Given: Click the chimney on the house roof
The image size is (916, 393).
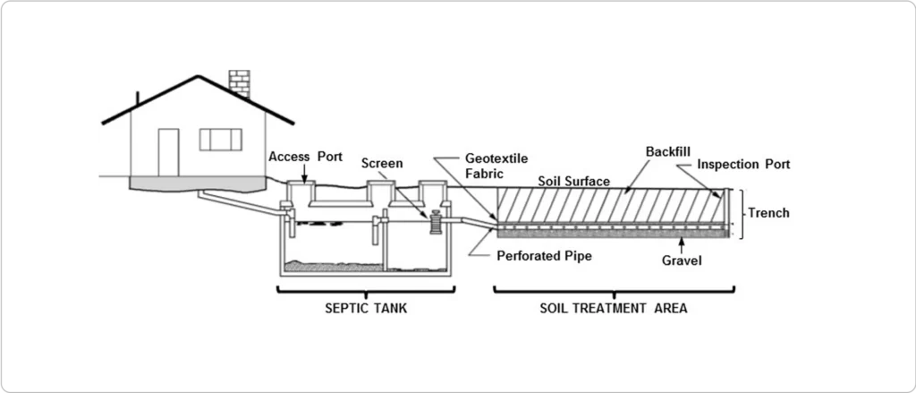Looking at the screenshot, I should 240,80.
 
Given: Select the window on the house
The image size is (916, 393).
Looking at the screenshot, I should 220,139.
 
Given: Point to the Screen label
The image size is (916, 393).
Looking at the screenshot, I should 382,164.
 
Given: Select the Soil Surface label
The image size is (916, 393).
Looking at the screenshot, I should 573,182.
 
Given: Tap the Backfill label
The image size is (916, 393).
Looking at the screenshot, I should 668,153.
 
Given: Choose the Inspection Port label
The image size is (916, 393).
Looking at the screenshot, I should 743,165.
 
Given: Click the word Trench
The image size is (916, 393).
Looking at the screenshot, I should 768,214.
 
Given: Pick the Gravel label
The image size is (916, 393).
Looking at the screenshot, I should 683,261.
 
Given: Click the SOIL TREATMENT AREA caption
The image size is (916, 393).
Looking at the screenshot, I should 614,309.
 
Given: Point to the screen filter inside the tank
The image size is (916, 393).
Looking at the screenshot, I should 437,222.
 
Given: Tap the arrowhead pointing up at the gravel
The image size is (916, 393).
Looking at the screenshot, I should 683,243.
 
